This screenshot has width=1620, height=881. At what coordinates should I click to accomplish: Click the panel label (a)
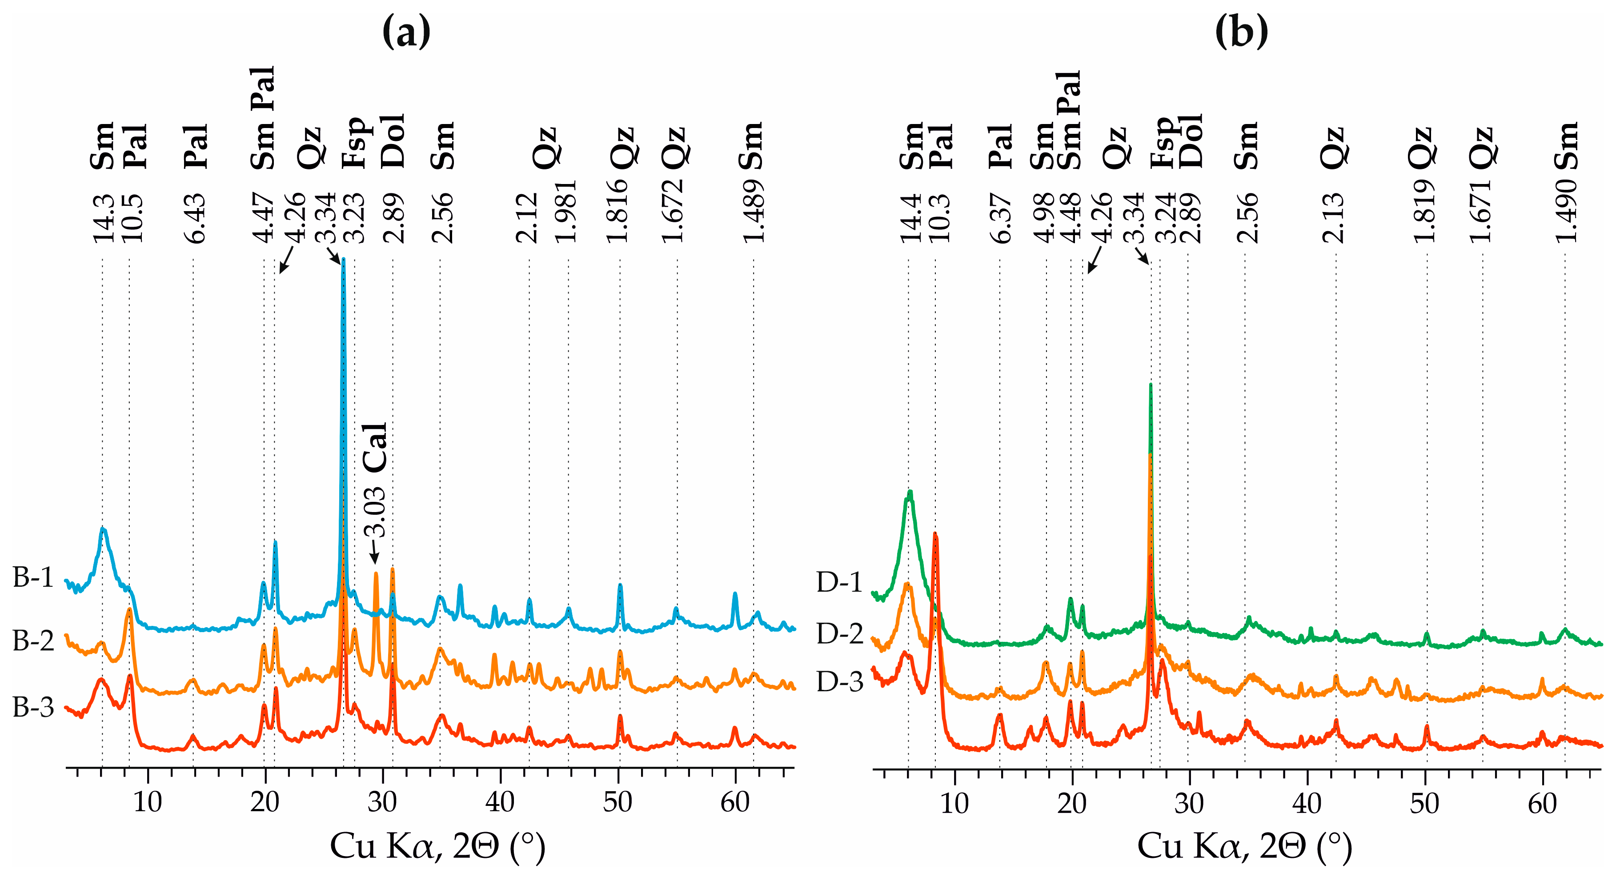pyautogui.click(x=407, y=32)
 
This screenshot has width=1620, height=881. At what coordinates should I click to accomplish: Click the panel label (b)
pyautogui.click(x=1241, y=32)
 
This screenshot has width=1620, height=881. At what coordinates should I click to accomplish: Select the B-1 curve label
pyautogui.click(x=33, y=577)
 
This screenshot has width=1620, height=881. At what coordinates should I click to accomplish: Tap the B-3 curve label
pyautogui.click(x=33, y=708)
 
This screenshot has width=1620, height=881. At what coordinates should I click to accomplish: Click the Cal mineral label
pyautogui.click(x=376, y=448)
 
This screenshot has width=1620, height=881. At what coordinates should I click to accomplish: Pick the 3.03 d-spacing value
pyautogui.click(x=376, y=513)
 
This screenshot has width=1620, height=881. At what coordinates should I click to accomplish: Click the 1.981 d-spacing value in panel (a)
pyautogui.click(x=565, y=211)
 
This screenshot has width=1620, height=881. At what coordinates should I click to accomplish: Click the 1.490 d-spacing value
pyautogui.click(x=1567, y=211)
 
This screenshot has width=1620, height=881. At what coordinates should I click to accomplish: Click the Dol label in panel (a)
pyautogui.click(x=393, y=141)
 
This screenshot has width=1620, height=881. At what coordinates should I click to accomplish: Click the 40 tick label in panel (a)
pyautogui.click(x=500, y=802)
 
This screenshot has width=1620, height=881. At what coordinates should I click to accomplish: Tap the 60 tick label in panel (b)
pyautogui.click(x=1543, y=804)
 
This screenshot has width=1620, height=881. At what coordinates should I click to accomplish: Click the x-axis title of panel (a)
pyautogui.click(x=438, y=846)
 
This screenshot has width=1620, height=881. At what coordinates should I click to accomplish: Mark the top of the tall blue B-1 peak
pyautogui.click(x=343, y=258)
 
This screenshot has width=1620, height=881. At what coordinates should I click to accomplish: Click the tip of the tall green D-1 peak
pyautogui.click(x=1150, y=384)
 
